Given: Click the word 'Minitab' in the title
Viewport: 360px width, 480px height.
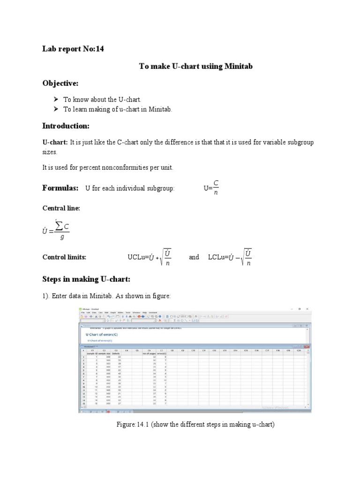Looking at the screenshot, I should pos(238,66).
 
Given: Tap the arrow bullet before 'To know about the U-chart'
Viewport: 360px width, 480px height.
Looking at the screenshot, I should pos(56,99).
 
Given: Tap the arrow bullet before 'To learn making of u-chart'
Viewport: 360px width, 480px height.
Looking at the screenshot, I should pos(56,109).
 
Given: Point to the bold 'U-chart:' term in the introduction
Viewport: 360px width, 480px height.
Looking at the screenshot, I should pos(55,142).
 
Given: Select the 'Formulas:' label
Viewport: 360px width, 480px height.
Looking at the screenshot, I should pos(60,187).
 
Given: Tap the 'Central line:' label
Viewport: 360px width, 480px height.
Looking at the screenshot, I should pos(61,208).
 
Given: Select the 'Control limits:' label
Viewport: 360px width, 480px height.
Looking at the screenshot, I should pos(65,257).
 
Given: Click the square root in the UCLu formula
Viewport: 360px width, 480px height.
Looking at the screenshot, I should pos(165,257).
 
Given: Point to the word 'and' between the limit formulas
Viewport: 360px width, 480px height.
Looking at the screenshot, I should pos(194,257).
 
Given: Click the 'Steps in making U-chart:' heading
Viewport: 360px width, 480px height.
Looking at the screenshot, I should pos(86,279).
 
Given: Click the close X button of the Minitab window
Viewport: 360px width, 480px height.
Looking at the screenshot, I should pos(307,309).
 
